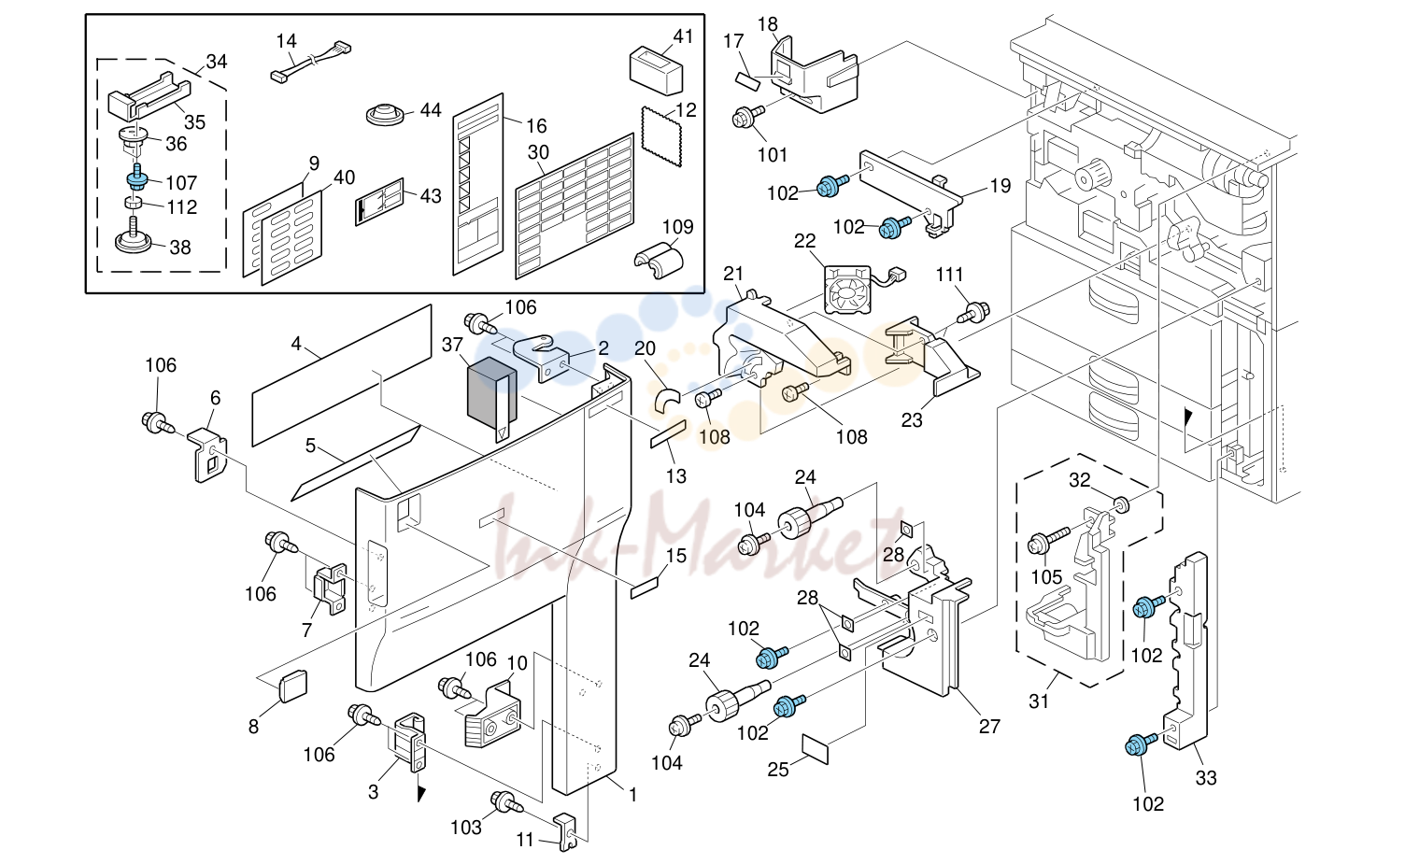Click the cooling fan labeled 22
(x=847, y=289)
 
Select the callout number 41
(x=683, y=37)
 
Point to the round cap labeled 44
(x=385, y=116)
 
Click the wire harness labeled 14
(x=311, y=62)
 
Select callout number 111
(x=950, y=275)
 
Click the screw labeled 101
(x=748, y=117)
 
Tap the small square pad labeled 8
(x=293, y=686)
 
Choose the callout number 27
(x=989, y=726)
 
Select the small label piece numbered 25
(x=816, y=749)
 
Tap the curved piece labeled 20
(x=667, y=400)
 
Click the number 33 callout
(x=1205, y=778)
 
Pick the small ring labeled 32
(x=1122, y=503)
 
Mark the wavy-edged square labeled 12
(x=661, y=136)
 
